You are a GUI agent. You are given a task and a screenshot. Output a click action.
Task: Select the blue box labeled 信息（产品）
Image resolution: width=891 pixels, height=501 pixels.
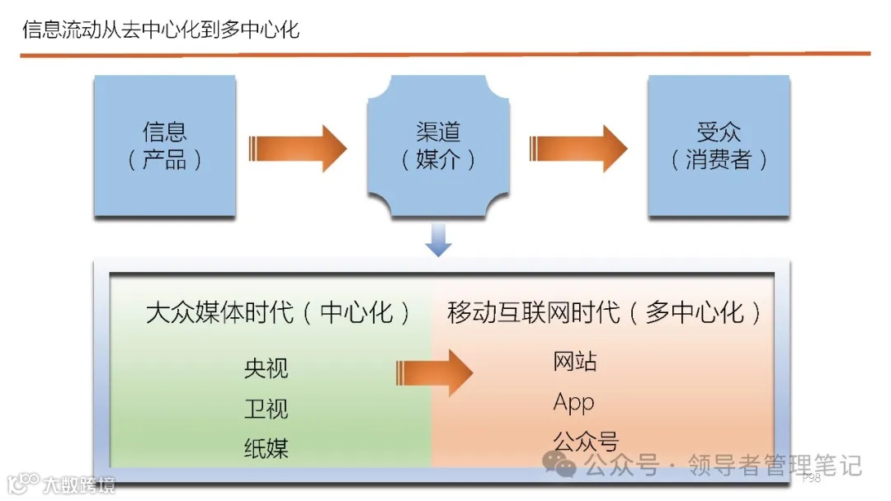165,146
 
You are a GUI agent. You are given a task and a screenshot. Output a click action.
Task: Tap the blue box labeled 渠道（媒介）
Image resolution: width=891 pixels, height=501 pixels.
438,146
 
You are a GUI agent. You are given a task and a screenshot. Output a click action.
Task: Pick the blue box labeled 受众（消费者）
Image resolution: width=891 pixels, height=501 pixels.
718,146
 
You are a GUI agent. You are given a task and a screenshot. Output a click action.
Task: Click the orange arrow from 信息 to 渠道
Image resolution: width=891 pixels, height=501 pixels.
297,148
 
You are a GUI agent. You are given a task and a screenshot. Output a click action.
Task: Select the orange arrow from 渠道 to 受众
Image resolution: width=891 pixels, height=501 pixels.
577,148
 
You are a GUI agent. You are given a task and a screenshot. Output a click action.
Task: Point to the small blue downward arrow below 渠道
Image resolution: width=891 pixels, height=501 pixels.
438,240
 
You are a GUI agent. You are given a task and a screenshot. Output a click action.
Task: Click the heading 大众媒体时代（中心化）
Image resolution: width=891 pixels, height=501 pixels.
279,313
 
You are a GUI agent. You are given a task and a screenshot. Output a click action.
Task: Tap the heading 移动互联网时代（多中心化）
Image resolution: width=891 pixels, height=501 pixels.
605,313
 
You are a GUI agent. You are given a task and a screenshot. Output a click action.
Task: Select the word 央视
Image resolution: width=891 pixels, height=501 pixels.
266,368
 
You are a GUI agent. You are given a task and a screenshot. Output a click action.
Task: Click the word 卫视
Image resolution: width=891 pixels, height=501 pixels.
266,409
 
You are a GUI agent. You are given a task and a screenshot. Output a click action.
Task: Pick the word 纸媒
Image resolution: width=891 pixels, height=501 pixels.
266,448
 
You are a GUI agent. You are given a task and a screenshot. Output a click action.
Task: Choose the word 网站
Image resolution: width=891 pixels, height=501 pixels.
574,362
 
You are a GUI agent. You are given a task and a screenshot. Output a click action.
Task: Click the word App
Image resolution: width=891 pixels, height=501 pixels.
573,402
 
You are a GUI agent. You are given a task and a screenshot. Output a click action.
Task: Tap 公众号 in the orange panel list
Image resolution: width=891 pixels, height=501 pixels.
585,442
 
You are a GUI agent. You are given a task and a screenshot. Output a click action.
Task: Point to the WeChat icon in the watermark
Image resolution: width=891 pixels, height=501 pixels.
565,467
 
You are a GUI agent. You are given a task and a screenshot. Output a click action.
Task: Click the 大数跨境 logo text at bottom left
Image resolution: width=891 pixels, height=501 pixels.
79,484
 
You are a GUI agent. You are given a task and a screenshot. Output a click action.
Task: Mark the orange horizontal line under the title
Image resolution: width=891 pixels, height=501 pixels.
445,54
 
